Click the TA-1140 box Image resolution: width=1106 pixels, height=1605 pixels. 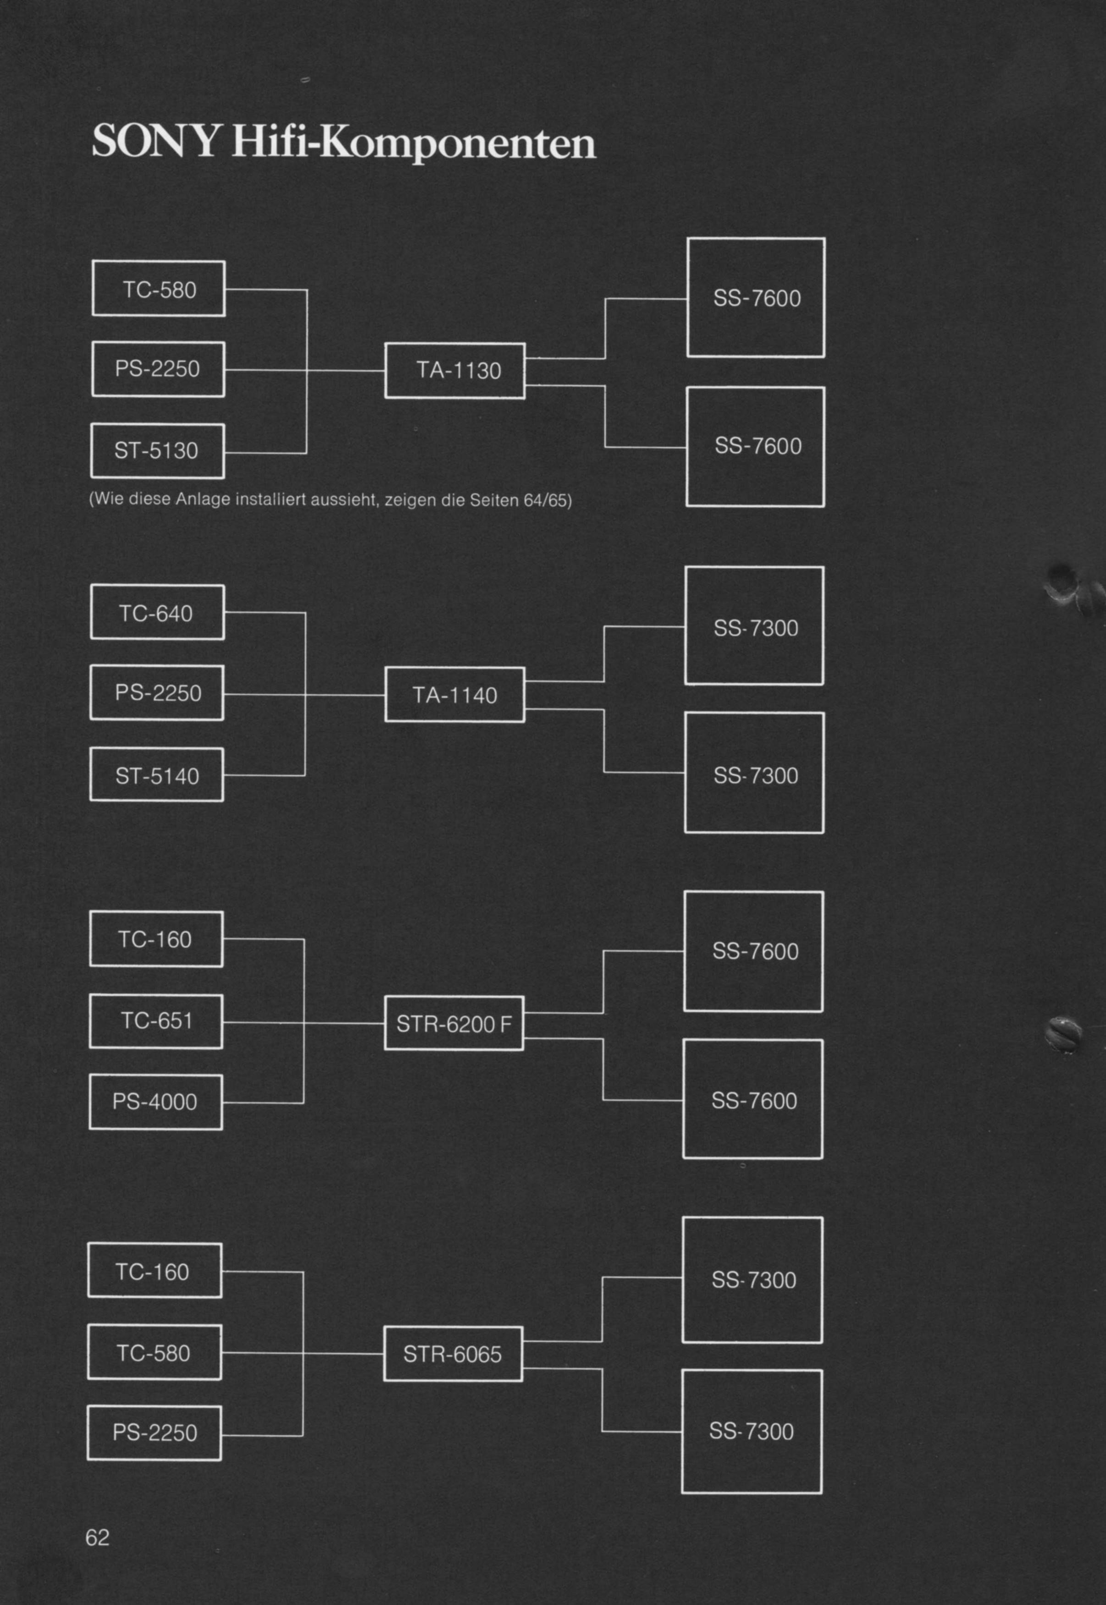pyautogui.click(x=454, y=694)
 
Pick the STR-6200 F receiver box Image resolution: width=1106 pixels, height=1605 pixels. pyautogui.click(x=454, y=1024)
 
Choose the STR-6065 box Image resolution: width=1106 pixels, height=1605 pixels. pyautogui.click(x=453, y=1353)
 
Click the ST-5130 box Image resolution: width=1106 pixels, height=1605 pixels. pyautogui.click(x=157, y=450)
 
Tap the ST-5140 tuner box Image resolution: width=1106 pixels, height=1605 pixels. pyautogui.click(x=157, y=775)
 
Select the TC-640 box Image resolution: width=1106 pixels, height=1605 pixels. pyautogui.click(x=157, y=613)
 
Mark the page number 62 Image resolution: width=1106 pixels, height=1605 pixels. pyautogui.click(x=97, y=1538)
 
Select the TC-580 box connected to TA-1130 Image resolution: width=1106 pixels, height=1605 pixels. pyautogui.click(x=159, y=288)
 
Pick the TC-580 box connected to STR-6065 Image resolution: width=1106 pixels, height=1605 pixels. pyautogui.click(x=155, y=1352)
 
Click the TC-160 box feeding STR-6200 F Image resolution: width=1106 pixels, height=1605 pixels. pyautogui.click(x=156, y=939)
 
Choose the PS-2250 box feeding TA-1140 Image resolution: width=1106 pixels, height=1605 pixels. pyautogui.click(x=157, y=693)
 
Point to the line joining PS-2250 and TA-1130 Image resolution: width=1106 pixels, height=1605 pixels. pyautogui.click(x=305, y=370)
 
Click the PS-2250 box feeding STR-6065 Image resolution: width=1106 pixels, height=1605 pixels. pyautogui.click(x=154, y=1433)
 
